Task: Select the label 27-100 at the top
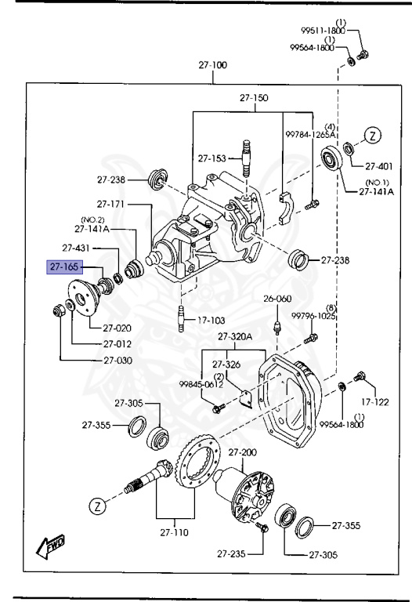coord(211,65)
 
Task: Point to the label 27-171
coord(112,205)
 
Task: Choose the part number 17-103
coord(210,320)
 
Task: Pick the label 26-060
coord(276,299)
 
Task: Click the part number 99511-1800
coord(323,31)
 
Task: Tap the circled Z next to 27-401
coord(374,136)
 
